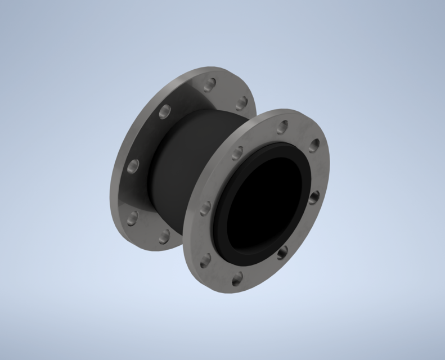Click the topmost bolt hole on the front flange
[x=282, y=127]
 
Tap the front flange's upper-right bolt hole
[x=314, y=146]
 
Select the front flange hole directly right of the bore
[x=314, y=197]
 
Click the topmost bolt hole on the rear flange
[x=209, y=85]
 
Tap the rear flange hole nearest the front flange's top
[x=242, y=102]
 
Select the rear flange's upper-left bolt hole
[x=165, y=111]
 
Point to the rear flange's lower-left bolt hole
[x=133, y=218]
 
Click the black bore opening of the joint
[x=264, y=208]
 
